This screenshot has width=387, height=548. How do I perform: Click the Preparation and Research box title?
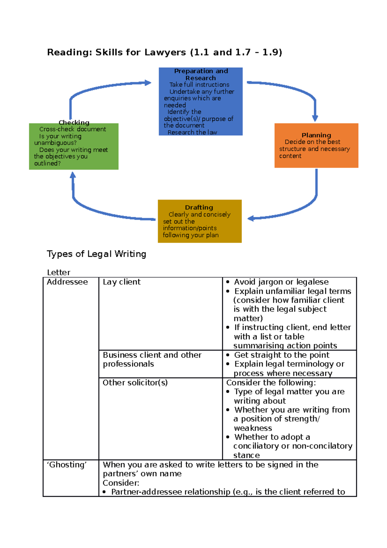coord(201,75)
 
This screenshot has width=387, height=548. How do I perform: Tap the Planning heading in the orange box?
coord(316,135)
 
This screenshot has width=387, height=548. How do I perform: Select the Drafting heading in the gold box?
coord(199,208)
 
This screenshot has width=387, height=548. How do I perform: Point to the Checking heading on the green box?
coord(74,123)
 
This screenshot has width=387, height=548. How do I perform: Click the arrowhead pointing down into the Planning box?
coord(315,118)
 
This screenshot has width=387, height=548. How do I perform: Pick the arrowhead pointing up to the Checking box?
coord(73,175)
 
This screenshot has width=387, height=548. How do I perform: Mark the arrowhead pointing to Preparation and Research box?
coord(148,83)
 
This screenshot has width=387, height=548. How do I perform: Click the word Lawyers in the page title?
coord(165,52)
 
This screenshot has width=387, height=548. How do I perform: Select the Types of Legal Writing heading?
coord(96,254)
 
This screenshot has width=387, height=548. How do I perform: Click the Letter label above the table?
coord(58,272)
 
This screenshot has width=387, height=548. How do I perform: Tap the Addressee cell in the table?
coord(67,282)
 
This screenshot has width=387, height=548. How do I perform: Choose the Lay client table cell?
coord(122,282)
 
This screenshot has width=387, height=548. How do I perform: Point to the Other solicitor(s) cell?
coord(135,383)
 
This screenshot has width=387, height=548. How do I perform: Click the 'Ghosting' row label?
coord(67,465)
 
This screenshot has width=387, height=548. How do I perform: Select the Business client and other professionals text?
coord(152,360)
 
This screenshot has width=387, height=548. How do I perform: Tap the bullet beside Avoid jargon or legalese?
coord(228,282)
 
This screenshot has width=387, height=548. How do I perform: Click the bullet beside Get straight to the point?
coord(228,355)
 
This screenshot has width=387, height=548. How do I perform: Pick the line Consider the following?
coord(271,383)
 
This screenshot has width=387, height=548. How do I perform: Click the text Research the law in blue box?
coord(192,132)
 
